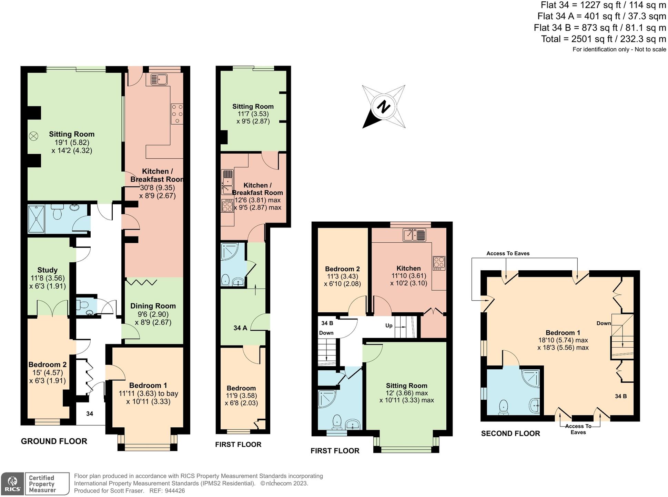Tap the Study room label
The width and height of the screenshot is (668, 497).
point(47,270)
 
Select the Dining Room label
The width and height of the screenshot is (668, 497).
point(153,306)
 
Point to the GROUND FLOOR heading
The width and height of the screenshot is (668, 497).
point(54,441)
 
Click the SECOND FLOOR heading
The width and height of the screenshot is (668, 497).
point(510,434)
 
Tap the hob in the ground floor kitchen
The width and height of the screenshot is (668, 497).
point(177,114)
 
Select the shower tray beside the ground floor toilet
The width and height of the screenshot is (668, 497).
point(36,219)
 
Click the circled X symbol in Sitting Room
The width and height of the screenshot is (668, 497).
point(33,136)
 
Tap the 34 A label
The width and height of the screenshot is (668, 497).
point(240,328)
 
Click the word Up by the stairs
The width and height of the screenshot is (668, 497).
point(388,326)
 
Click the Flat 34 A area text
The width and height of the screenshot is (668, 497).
point(601,16)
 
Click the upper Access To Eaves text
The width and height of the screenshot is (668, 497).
point(508,253)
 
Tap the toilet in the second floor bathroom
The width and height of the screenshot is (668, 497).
point(504,407)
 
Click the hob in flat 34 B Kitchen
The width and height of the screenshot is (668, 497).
point(439,263)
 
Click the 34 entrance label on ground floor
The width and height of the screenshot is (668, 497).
point(90,414)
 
